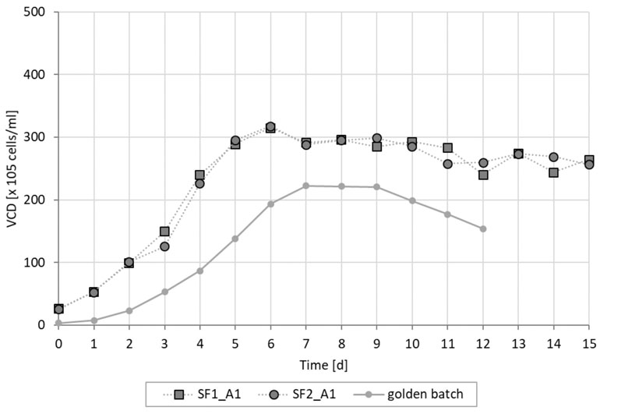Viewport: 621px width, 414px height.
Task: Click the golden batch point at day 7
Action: point(306,186)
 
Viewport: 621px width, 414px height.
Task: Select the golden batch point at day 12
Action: point(483,229)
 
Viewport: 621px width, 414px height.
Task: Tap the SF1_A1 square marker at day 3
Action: point(164,232)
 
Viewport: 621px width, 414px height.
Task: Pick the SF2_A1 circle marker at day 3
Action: point(164,246)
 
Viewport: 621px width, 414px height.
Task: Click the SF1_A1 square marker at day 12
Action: point(483,175)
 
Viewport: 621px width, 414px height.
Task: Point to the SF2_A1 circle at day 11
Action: point(447,164)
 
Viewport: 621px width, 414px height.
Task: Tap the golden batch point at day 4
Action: point(199,271)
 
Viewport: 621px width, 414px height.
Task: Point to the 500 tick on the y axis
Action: point(34,12)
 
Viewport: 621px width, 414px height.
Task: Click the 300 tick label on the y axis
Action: point(34,138)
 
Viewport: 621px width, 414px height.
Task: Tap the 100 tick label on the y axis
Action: point(34,263)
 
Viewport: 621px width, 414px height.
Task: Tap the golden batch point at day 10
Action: point(412,201)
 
